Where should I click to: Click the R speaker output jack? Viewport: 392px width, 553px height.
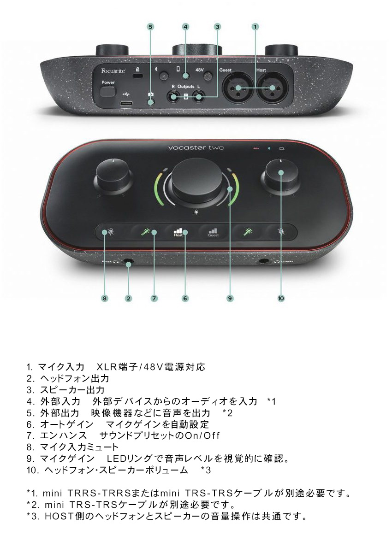coord(174,97)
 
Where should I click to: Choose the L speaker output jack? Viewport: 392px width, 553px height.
coord(199,97)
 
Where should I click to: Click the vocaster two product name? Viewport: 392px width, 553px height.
coord(196,147)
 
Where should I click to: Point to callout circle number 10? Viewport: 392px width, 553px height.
coord(281,298)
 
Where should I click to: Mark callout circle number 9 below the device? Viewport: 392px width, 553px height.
coord(230,298)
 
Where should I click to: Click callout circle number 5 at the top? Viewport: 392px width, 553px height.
coord(150,27)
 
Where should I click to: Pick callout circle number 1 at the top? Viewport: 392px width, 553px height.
coord(255,27)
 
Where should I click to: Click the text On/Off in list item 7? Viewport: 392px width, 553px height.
coord(202,435)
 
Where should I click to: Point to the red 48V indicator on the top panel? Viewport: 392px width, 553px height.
coord(256,148)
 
